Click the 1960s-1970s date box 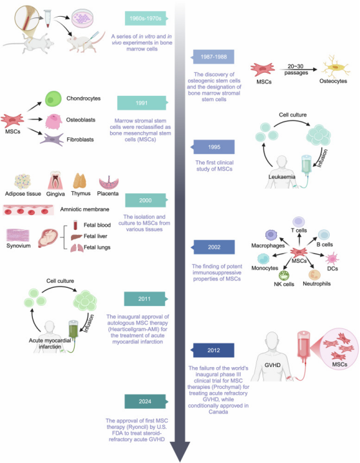(146, 18)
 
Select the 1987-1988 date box (214, 57)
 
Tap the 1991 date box (142, 103)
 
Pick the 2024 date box (145, 401)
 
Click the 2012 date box (213, 350)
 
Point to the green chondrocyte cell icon (53, 99)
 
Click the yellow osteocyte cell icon (335, 68)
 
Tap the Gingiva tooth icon (55, 180)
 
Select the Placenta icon (108, 183)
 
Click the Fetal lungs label (97, 247)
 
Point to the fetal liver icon (76, 237)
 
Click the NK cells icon (284, 276)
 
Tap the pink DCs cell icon (332, 258)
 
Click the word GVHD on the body (272, 365)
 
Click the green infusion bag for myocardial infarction (73, 329)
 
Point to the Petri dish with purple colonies (82, 18)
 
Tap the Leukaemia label (281, 177)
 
